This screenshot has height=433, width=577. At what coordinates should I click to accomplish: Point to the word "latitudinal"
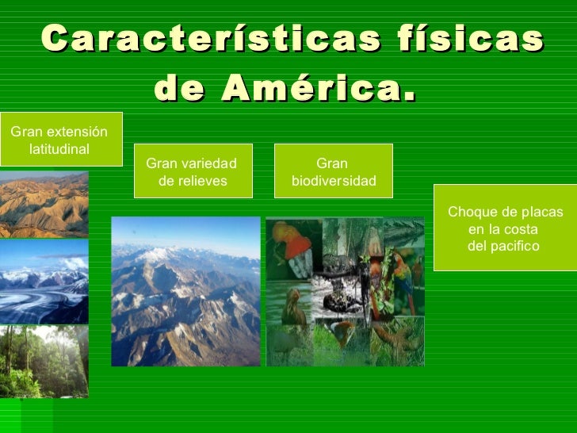click(59, 148)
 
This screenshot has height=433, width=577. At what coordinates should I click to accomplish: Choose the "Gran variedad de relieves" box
click(193, 171)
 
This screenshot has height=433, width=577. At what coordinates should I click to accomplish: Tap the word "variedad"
click(209, 163)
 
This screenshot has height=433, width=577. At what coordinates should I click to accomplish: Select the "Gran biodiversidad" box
click(333, 171)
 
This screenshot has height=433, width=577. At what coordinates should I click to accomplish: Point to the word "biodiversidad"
click(334, 181)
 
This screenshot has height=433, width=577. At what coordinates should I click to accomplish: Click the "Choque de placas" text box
click(505, 228)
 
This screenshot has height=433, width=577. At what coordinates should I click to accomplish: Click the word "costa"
click(521, 229)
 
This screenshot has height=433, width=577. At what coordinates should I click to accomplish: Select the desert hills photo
click(44, 205)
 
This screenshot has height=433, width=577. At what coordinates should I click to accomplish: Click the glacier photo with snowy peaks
click(44, 282)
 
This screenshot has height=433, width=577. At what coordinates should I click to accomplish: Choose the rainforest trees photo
click(44, 361)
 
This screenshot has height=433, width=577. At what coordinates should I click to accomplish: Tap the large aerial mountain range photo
click(185, 291)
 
